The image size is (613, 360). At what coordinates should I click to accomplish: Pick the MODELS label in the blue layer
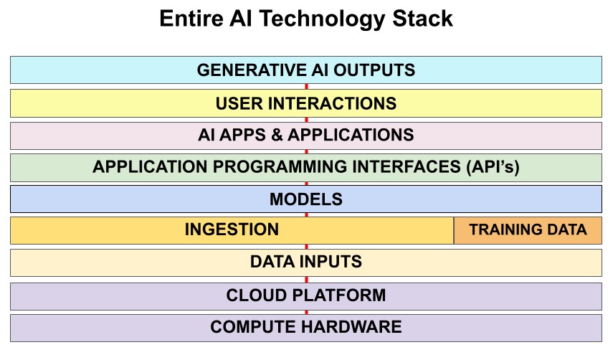point(306,199)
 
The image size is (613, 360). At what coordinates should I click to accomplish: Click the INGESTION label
point(232,229)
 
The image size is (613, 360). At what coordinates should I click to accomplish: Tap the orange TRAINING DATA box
point(528,230)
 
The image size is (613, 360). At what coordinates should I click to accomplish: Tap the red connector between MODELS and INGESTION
point(306,214)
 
